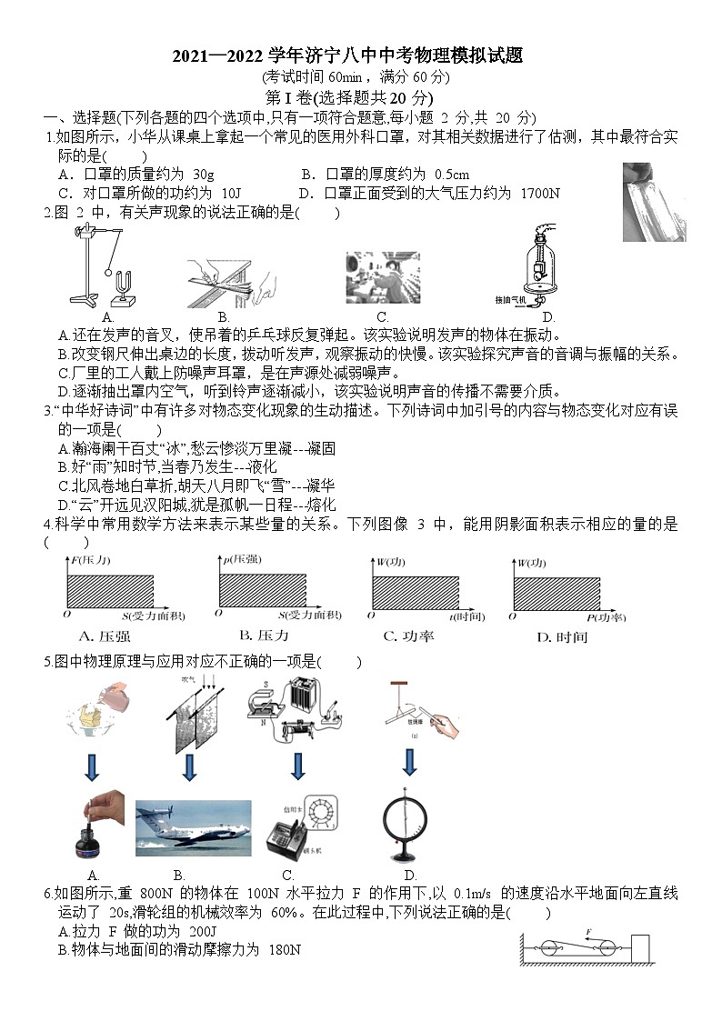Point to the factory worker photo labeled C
click(382, 277)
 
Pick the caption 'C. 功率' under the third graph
click(408, 636)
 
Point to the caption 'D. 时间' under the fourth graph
click(562, 637)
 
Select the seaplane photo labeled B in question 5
click(193, 828)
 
